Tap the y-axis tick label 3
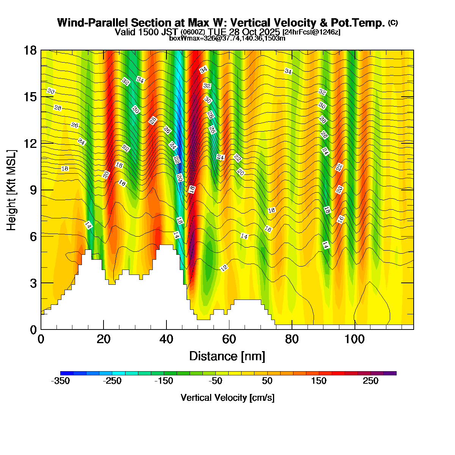pos(33,283)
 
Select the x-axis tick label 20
pos(104,339)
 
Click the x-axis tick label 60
pos(229,339)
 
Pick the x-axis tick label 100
pos(355,339)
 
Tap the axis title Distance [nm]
pos(227,356)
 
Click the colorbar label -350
pos(60,381)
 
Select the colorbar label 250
pos(370,381)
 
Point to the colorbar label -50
pos(215,381)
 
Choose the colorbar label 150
pos(319,381)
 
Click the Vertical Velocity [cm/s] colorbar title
pos(227,398)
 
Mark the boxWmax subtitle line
pos(227,38)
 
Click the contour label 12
pos(224,268)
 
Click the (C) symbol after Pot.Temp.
pos(393,22)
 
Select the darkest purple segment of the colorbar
pos(390,373)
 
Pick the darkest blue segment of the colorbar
pos(67,373)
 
